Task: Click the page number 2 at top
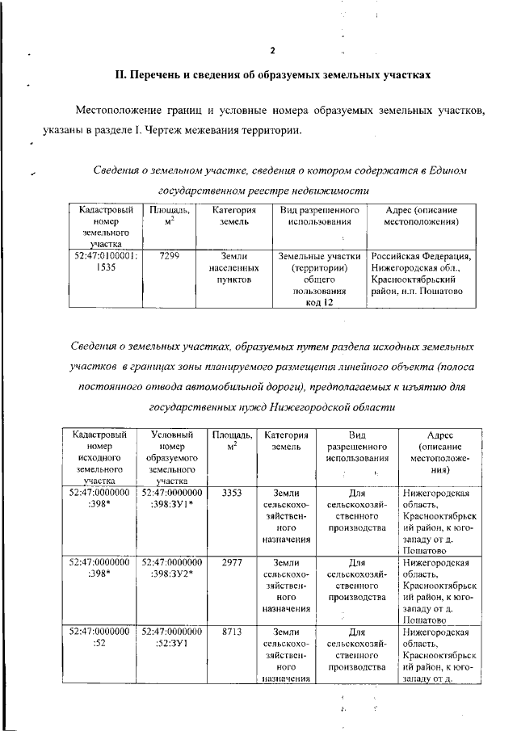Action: pyautogui.click(x=273, y=51)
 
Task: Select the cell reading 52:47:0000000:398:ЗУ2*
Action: pyautogui.click(x=171, y=568)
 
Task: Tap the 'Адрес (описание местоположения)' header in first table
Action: pyautogui.click(x=421, y=215)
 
